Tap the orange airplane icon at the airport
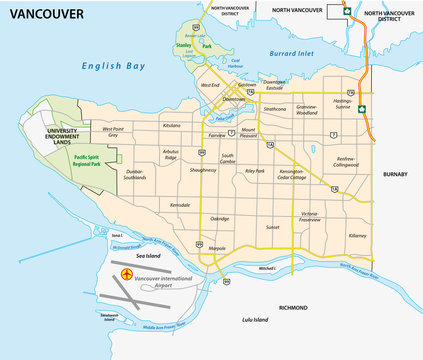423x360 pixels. coord(126,273)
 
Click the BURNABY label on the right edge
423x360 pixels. coord(395,173)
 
